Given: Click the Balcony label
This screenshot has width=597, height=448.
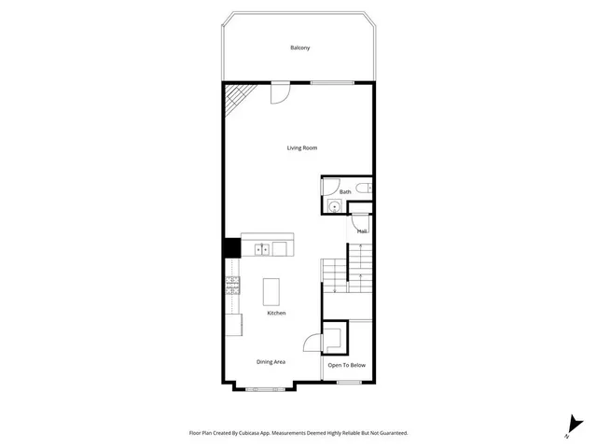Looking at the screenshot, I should point(299,48).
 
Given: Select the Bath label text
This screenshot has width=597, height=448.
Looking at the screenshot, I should point(345,192).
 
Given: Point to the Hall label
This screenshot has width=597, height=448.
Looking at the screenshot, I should point(361,230).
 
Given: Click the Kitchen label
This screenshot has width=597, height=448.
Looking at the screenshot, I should point(276,313).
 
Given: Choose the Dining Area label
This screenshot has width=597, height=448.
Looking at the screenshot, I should point(271,361).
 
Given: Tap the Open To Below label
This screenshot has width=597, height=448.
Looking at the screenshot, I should point(347,366).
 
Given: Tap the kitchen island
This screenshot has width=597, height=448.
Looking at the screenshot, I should point(271,292).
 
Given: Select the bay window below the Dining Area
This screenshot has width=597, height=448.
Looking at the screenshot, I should point(266,385).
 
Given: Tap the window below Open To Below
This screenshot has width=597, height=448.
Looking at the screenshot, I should point(349,383).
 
